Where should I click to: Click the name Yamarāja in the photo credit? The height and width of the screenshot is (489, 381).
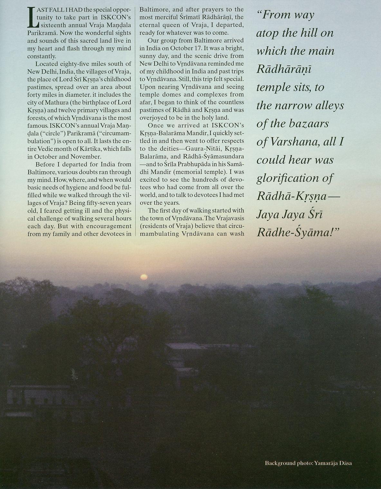327,463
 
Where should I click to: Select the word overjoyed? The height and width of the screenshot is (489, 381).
154,118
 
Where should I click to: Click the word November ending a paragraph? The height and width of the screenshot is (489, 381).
87,157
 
